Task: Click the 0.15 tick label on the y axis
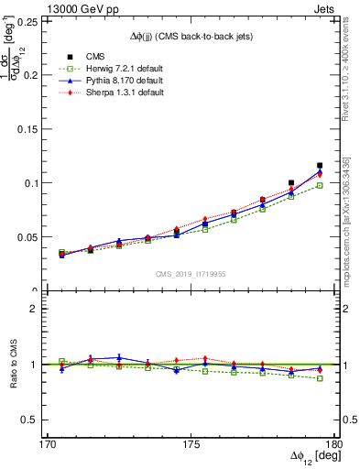30,129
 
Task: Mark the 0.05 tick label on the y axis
30,237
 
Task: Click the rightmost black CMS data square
320,166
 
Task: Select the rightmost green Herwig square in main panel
320,185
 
